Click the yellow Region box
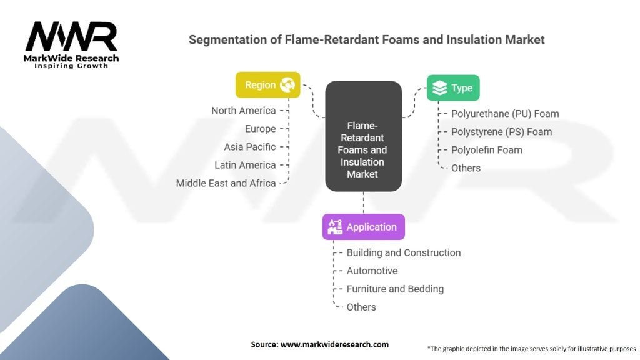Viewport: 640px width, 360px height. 267,85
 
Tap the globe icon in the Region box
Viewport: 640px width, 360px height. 287,85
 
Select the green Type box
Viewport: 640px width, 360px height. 453,88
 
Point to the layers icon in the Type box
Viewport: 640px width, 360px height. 440,88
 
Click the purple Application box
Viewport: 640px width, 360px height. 363,227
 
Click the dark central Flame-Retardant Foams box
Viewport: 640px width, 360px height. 363,136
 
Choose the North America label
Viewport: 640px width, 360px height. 243,111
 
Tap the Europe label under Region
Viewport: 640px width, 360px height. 260,129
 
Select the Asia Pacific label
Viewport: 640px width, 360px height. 250,147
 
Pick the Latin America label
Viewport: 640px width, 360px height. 245,165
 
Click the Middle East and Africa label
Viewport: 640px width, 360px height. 226,183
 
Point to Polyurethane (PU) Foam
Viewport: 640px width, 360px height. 505,114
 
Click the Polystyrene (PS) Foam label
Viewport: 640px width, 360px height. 501,132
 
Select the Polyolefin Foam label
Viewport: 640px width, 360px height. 487,150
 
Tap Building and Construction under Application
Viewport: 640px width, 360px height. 404,252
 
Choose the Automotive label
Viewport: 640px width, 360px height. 372,271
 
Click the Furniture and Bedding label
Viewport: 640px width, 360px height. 395,289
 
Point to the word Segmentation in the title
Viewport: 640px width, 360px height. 224,40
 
